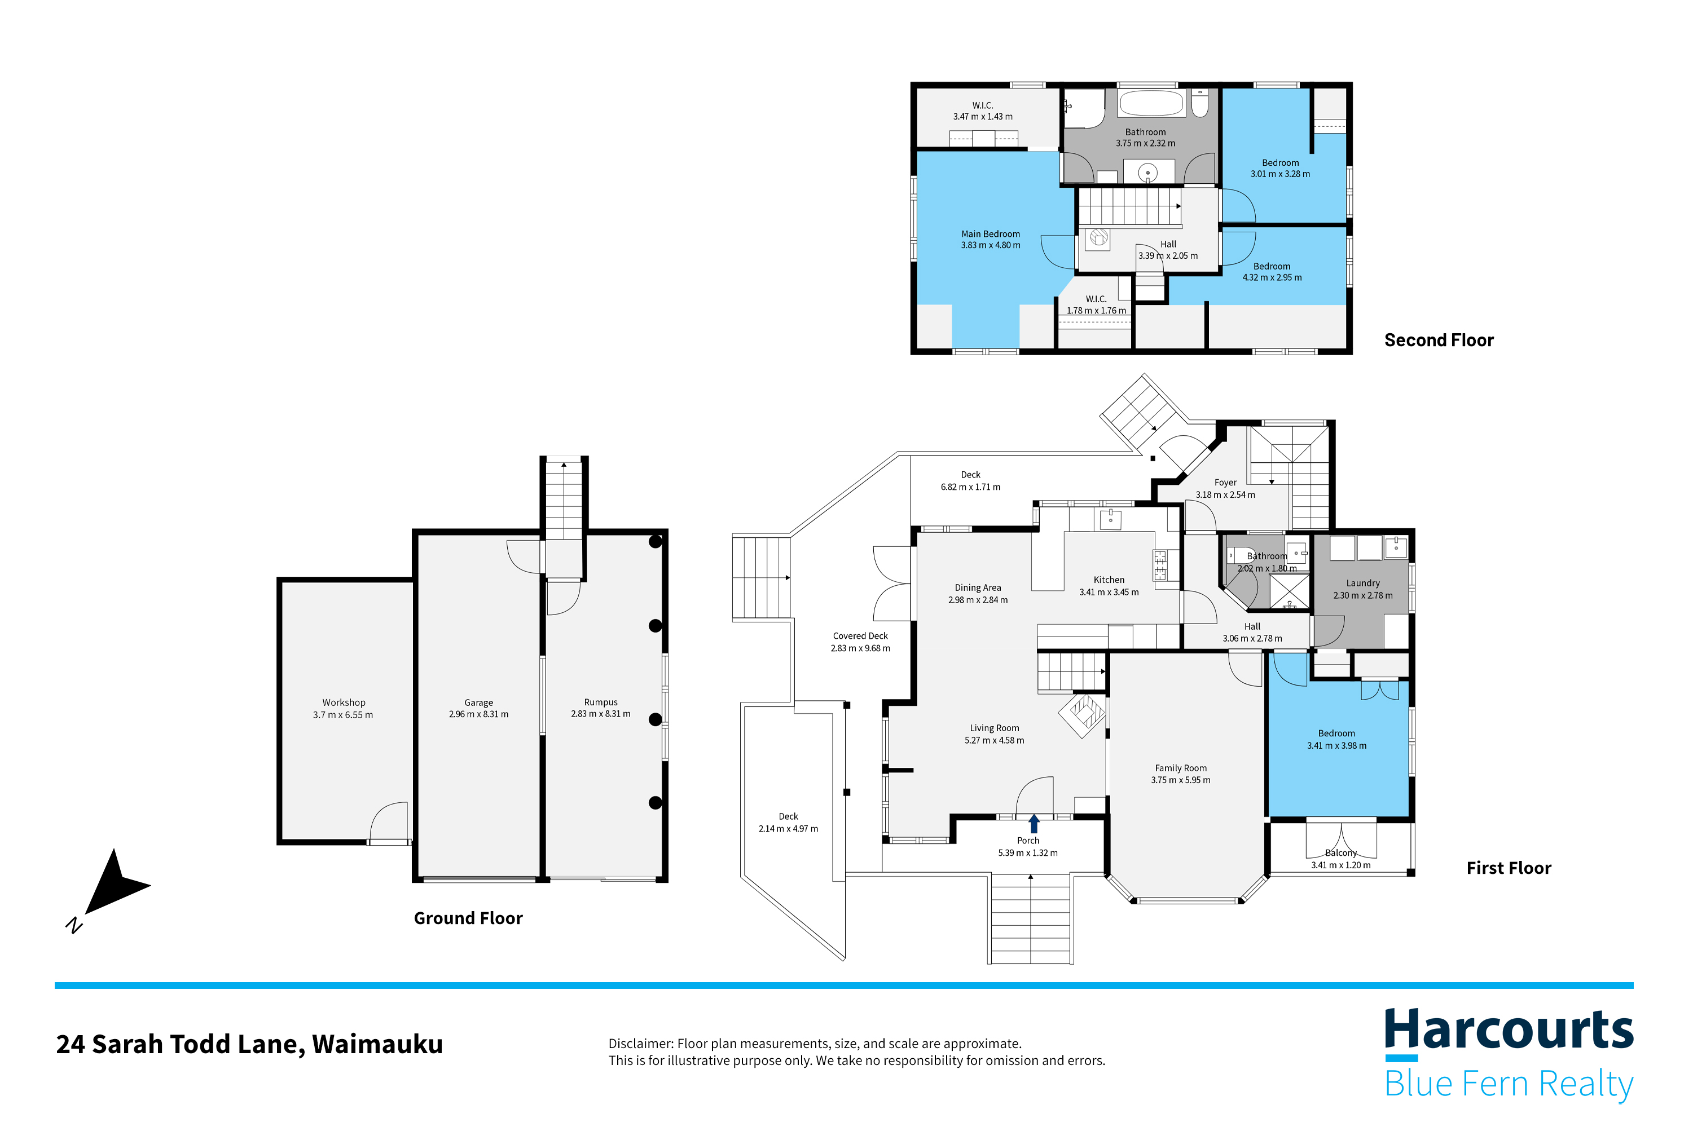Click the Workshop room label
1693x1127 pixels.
pyautogui.click(x=343, y=702)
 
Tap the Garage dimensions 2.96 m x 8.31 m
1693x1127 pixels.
pyautogui.click(x=478, y=714)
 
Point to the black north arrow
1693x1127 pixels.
pyautogui.click(x=115, y=883)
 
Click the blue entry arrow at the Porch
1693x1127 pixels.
pyautogui.click(x=1034, y=823)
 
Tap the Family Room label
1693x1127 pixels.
pyautogui.click(x=1180, y=768)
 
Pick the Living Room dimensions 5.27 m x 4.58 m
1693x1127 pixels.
pyautogui.click(x=994, y=740)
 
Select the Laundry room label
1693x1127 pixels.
pyautogui.click(x=1362, y=583)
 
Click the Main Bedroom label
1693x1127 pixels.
pyautogui.click(x=990, y=233)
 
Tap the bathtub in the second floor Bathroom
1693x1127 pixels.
pyautogui.click(x=1151, y=104)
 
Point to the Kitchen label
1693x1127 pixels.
pyautogui.click(x=1109, y=580)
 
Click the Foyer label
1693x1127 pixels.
pyautogui.click(x=1225, y=482)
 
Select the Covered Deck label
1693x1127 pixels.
pyautogui.click(x=860, y=636)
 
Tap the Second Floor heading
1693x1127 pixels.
pyautogui.click(x=1439, y=340)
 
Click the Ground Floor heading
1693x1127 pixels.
pyautogui.click(x=468, y=918)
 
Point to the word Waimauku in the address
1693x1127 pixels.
pyautogui.click(x=377, y=1044)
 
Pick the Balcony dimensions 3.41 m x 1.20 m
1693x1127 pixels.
pyautogui.click(x=1340, y=865)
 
